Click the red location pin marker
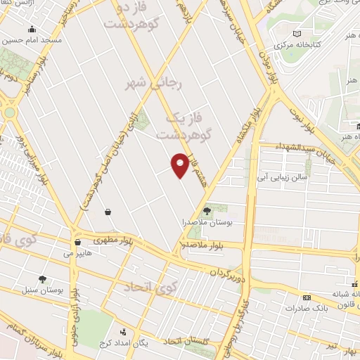click(x=180, y=165)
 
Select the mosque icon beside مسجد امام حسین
click(x=32, y=30)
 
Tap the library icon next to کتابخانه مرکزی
click(x=297, y=34)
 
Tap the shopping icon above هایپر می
click(x=77, y=243)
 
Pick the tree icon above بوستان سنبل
click(x=42, y=278)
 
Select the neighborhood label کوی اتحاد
click(x=148, y=287)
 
